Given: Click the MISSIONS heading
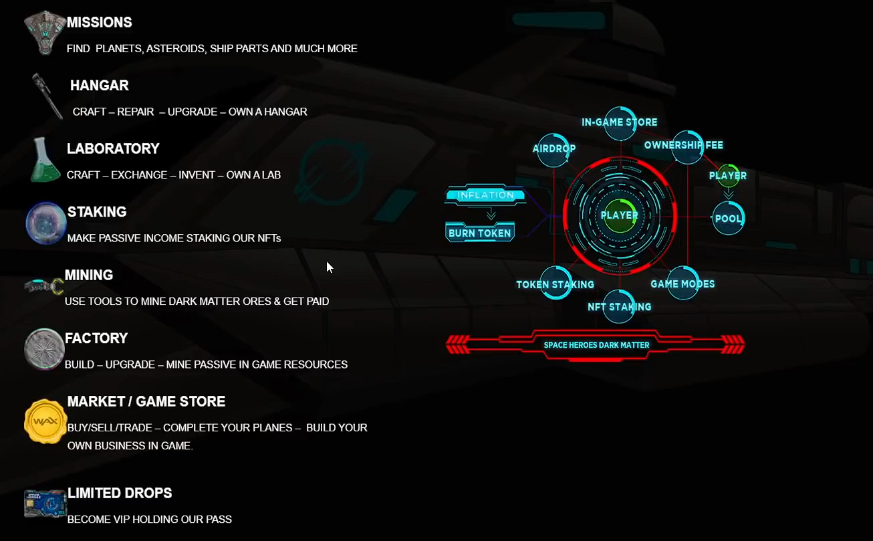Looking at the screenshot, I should [100, 22].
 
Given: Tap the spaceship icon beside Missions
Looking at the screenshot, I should [45, 31].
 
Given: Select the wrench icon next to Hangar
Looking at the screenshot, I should [47, 96].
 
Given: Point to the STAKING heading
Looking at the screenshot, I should [97, 211].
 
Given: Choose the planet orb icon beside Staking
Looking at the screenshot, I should [45, 223].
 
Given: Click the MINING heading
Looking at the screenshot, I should [89, 275].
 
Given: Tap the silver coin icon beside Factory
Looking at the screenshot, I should [44, 349].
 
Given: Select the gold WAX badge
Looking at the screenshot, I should [45, 422].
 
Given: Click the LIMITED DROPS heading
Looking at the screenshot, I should [120, 493].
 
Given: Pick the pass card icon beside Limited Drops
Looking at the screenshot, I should [45, 504].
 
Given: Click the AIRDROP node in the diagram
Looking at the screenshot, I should [554, 148].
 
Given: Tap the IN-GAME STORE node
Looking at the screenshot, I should [620, 122].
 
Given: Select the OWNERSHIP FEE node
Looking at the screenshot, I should [684, 145].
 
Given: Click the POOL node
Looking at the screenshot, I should [728, 219].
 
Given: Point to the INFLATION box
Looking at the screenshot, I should [486, 195].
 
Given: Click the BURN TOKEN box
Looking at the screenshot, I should [480, 233].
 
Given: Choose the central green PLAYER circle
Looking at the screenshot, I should [620, 215].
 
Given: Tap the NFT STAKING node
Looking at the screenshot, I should [620, 306].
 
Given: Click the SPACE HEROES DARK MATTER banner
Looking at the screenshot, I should [596, 345].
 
